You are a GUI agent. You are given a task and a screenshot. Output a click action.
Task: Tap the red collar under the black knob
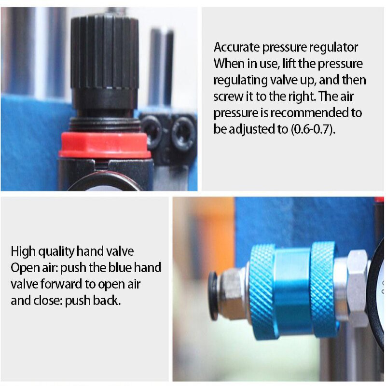(x=105, y=144)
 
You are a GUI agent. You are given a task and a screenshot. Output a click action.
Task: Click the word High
(x=23, y=251)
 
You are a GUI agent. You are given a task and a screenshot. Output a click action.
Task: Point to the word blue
(x=119, y=268)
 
